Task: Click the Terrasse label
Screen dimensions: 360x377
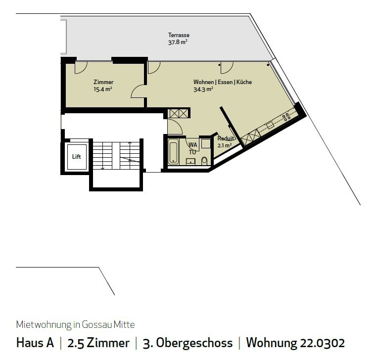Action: (179, 35)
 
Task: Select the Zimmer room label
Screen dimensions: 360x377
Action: (103, 82)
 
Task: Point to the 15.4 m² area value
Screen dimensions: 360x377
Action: (103, 89)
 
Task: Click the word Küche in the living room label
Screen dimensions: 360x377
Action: (244, 82)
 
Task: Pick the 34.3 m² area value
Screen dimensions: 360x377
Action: (203, 90)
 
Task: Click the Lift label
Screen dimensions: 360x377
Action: (76, 157)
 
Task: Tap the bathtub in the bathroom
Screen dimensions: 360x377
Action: (173, 151)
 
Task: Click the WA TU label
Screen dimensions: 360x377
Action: (192, 148)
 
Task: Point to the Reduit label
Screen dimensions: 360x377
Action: (226, 139)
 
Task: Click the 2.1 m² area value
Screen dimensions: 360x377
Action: (224, 145)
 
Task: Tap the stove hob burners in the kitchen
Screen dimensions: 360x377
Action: (286, 117)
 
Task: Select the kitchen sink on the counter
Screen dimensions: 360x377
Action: (270, 126)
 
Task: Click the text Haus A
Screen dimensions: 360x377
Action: (35, 343)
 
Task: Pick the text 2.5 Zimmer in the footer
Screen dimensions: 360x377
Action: (98, 343)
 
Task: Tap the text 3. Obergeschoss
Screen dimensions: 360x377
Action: (187, 343)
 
